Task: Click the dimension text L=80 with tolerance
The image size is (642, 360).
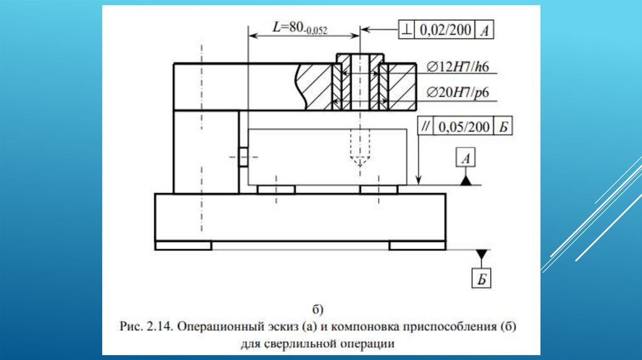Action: pos(300,28)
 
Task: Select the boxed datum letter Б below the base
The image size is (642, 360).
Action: pos(481,278)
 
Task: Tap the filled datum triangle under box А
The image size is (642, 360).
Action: pos(466,181)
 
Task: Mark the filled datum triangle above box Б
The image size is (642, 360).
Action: pos(481,255)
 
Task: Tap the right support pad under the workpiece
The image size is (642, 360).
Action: pos(379,189)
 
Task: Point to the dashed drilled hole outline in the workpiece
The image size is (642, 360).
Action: pos(358,150)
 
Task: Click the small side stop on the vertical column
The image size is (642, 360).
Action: pos(242,157)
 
